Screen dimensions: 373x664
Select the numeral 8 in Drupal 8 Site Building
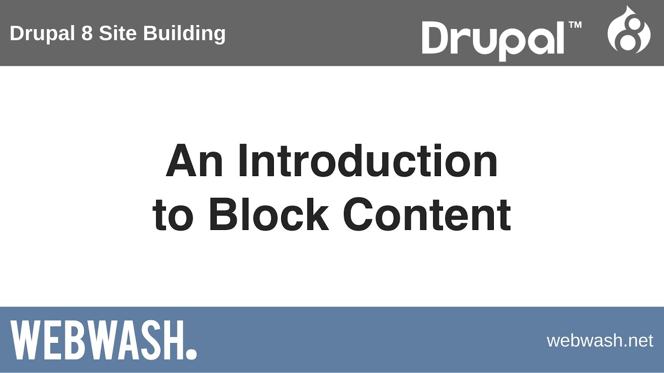[87, 34]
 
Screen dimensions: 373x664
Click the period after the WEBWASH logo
[191, 354]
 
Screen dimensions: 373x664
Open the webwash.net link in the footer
[600, 340]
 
